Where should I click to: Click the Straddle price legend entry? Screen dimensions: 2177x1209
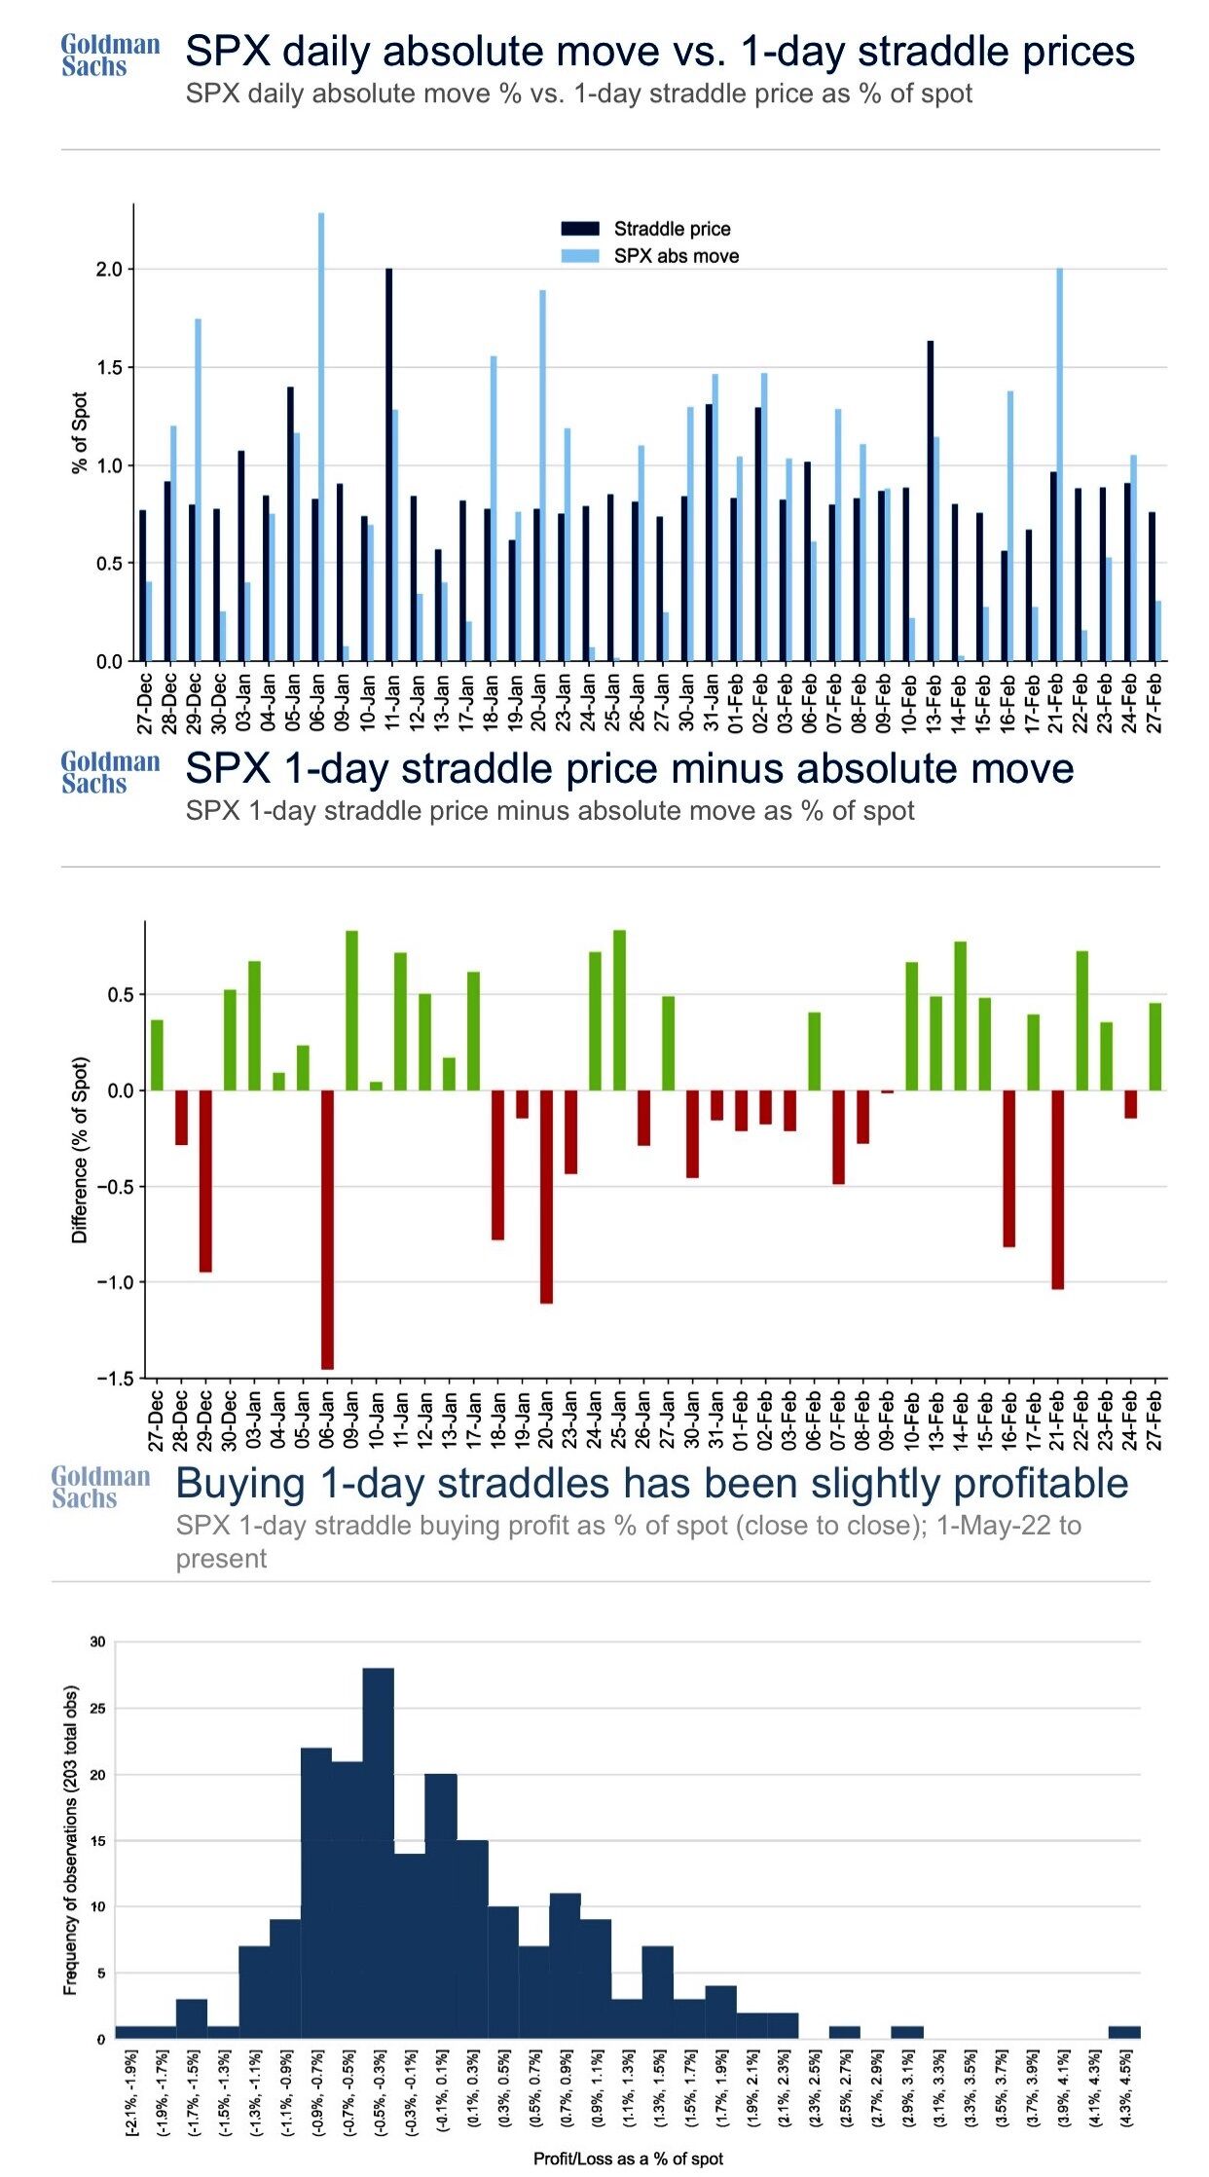(x=672, y=229)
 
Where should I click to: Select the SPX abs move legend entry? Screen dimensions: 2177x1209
(x=676, y=256)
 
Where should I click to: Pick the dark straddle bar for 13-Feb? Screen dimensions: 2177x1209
(x=931, y=500)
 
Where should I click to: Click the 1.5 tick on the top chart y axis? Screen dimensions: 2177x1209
(x=109, y=368)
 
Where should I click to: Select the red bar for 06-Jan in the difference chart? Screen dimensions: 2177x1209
(x=327, y=1230)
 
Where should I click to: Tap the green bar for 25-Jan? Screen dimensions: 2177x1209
(x=619, y=1010)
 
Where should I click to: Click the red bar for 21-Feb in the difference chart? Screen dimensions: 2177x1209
(x=1058, y=1189)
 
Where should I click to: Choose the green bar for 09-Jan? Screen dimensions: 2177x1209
(x=351, y=1011)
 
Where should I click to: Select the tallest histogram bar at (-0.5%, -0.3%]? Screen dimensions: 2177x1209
(x=379, y=1853)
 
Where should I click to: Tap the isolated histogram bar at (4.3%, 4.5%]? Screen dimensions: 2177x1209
(x=1124, y=2031)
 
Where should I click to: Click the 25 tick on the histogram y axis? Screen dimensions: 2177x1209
(x=97, y=1708)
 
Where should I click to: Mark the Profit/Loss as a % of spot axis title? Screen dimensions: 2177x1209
(x=628, y=2159)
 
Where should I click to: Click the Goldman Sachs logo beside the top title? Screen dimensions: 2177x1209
(x=110, y=55)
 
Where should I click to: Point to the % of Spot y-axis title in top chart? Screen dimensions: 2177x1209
(x=80, y=433)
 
